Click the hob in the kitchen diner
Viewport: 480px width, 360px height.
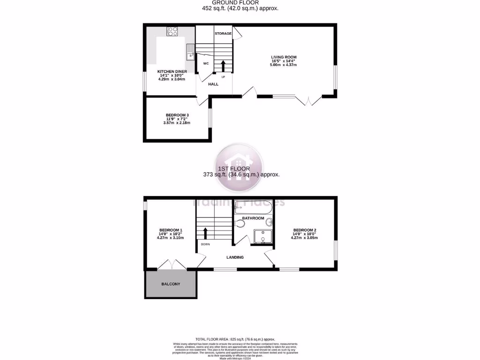(x=172, y=31)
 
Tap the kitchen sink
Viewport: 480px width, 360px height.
(x=189, y=52)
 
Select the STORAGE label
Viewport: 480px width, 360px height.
(x=223, y=34)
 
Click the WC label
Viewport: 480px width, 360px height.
(x=206, y=63)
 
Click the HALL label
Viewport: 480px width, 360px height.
(x=214, y=84)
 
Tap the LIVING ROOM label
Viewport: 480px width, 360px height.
(x=284, y=57)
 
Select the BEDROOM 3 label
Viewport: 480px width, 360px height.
(x=177, y=115)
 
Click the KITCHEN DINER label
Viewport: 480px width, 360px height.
(x=172, y=71)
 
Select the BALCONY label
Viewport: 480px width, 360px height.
(x=171, y=284)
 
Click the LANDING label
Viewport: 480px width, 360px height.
(x=235, y=257)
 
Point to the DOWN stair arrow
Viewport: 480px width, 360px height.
(x=205, y=232)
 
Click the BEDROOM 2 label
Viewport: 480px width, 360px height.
(x=305, y=230)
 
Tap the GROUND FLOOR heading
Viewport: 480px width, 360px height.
(x=240, y=3)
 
